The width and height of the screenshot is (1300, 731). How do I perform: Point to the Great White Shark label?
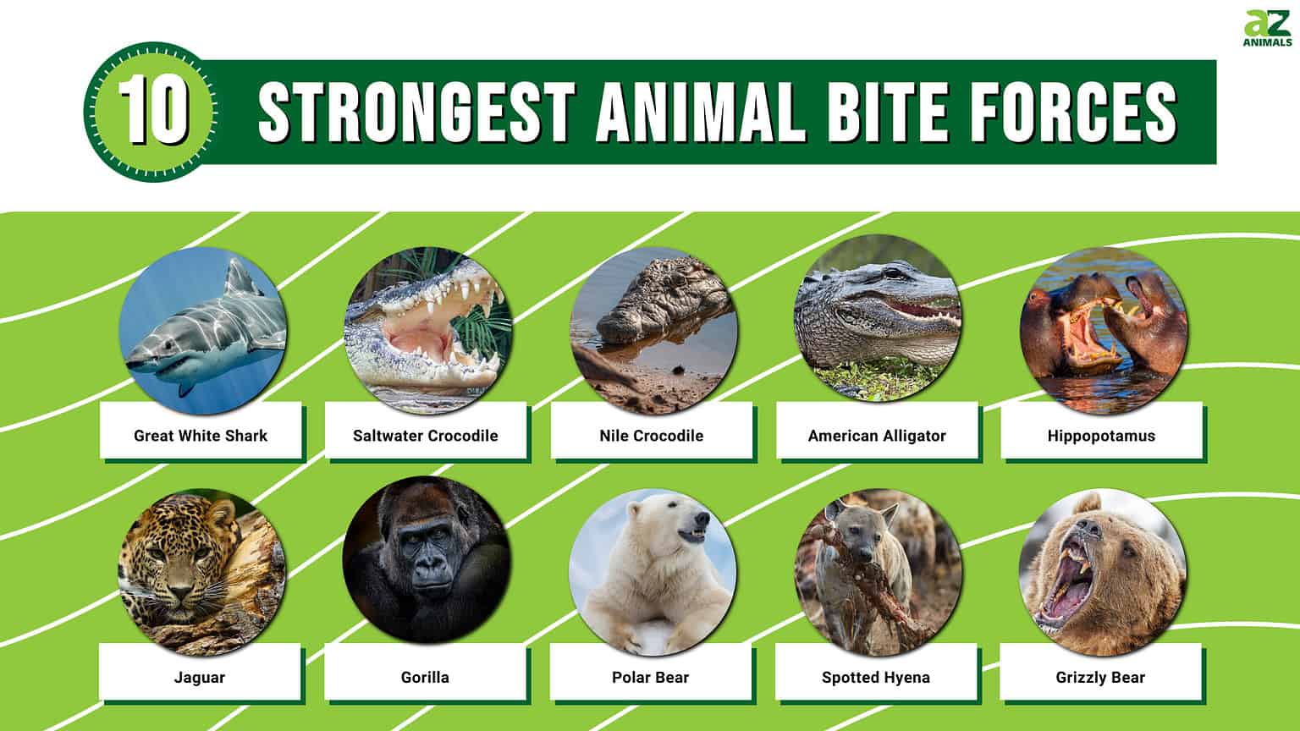201,436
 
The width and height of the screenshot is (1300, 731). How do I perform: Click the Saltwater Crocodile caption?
426,436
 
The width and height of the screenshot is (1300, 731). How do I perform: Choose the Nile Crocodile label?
651,436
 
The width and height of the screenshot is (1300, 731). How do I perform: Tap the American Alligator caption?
877,436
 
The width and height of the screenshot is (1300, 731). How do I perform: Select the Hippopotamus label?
1100,436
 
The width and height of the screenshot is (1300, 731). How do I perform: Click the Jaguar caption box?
200,677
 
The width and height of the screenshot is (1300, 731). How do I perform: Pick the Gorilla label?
425,677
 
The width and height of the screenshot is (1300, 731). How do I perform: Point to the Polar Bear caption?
650,677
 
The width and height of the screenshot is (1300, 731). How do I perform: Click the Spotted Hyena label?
875,677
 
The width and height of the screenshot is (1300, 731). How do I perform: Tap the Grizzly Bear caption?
1100,677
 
